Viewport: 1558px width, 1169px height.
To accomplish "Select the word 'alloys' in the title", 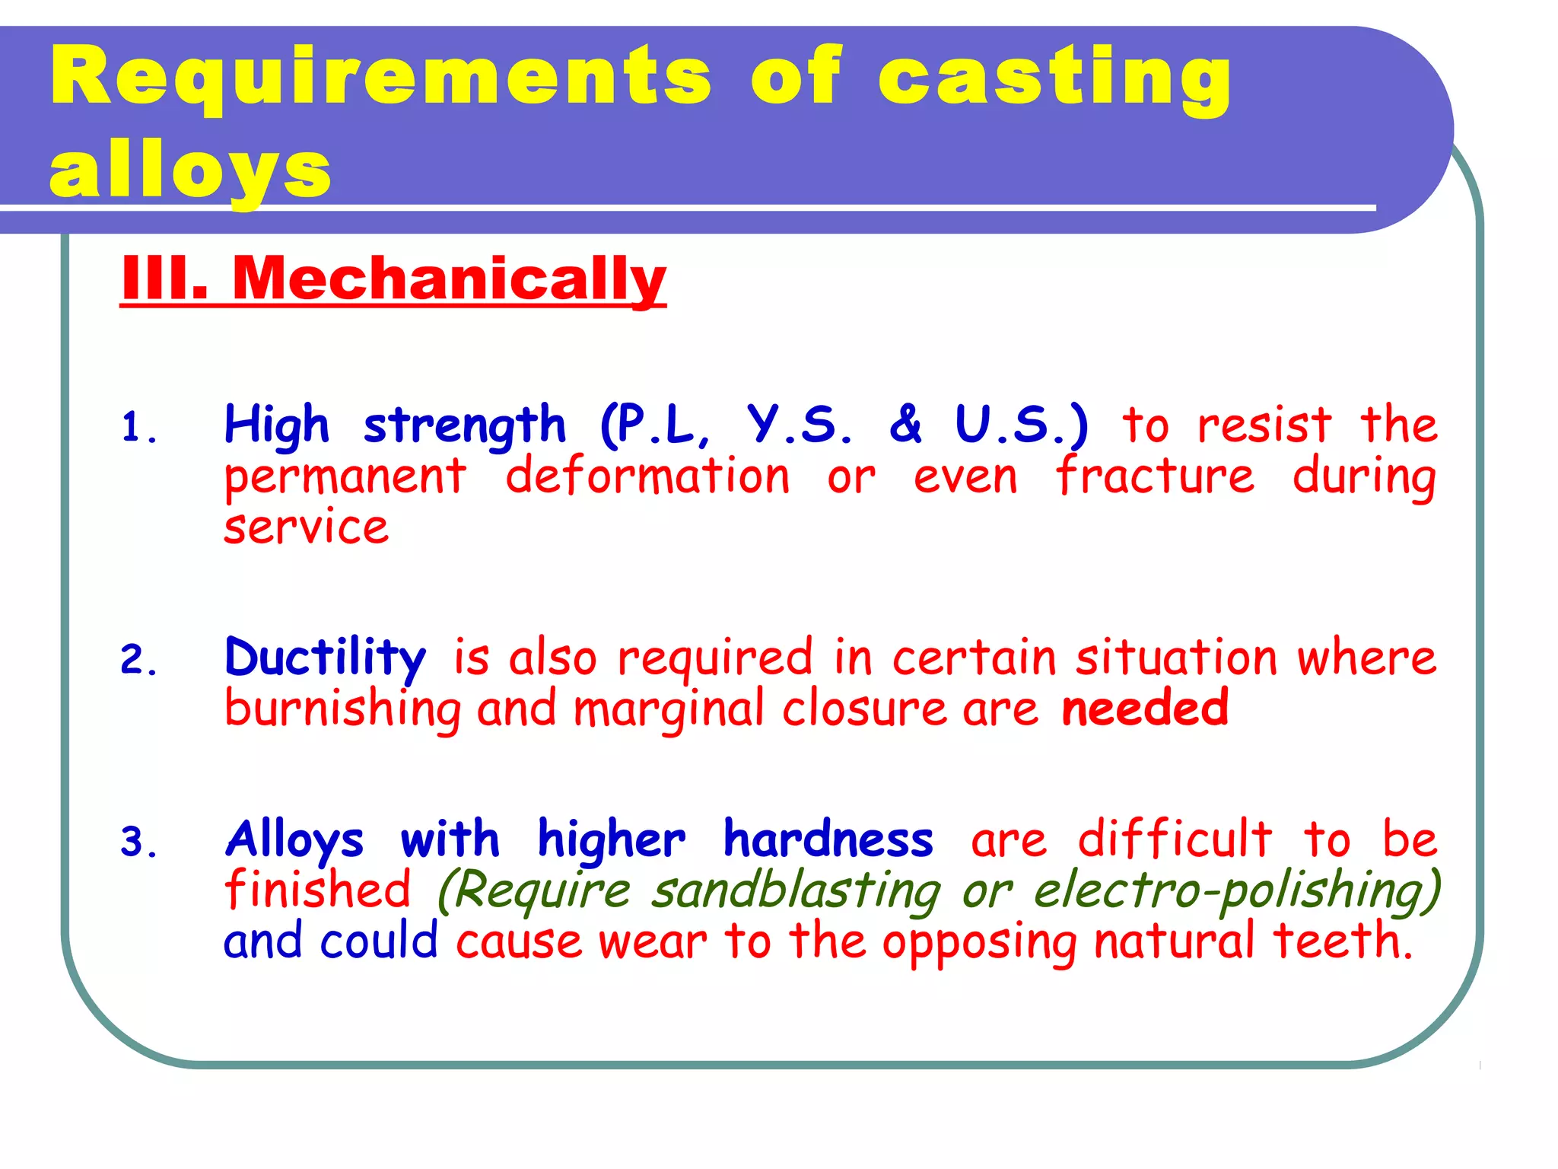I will tap(190, 171).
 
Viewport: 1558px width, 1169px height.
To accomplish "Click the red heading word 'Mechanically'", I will tap(449, 279).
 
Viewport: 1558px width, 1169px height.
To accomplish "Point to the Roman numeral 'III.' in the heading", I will tap(164, 279).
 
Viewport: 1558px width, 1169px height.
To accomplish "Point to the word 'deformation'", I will tap(647, 476).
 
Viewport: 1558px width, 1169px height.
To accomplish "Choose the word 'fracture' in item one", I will tap(1155, 476).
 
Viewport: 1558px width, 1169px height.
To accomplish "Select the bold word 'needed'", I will tap(1144, 708).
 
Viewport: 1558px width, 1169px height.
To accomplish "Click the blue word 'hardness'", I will tap(828, 839).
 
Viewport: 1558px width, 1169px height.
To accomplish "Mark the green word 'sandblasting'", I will tap(796, 891).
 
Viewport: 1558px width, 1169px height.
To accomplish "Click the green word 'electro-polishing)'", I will tap(1237, 891).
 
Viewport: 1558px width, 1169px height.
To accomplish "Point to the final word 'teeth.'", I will tap(1343, 941).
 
